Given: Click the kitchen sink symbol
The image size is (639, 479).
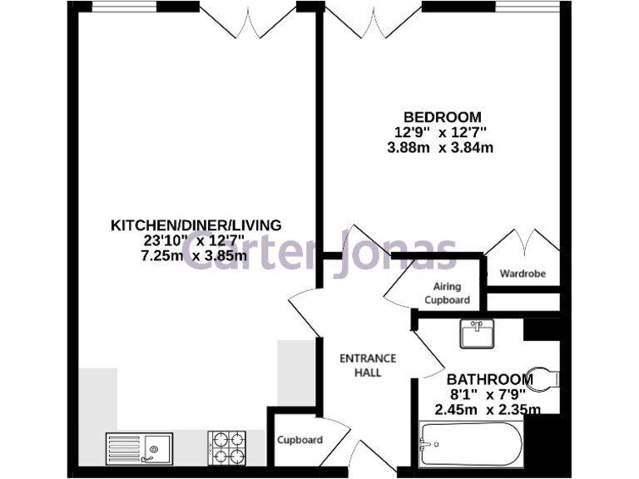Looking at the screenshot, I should pos(138,447).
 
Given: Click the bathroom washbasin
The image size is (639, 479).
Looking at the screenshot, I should pos(478,334).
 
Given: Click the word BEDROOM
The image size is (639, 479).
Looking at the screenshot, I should pos(441,116).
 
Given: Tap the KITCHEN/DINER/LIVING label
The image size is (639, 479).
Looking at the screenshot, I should pos(196,225).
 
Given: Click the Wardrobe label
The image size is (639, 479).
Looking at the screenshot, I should pos(523,274).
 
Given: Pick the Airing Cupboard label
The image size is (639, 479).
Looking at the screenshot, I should pos(447,293).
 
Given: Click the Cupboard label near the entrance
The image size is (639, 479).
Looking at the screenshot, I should pos(300,440).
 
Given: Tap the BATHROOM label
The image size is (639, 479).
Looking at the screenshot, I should pos(490,378).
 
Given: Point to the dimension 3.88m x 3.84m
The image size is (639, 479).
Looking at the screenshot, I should pos(441,148).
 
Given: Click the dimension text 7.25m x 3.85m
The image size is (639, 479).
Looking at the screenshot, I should pos(196,256).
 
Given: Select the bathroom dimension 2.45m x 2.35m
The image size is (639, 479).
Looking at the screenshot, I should pos(488,409).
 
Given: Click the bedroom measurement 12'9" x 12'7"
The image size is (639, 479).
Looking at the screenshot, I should pos(441,132).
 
